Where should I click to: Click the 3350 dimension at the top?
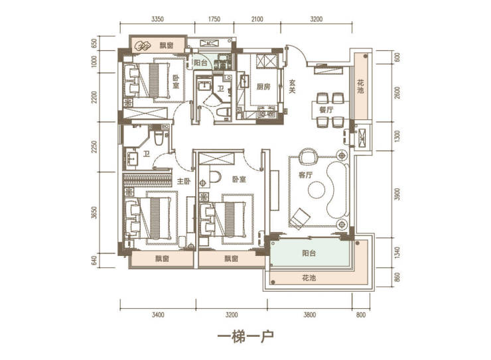tap(157, 19)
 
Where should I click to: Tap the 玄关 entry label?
tap(292, 87)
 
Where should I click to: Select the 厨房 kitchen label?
tap(263, 87)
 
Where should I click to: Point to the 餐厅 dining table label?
tap(326, 110)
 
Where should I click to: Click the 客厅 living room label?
tap(306, 174)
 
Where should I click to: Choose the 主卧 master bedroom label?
tap(184, 181)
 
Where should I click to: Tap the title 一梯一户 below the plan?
tap(245, 337)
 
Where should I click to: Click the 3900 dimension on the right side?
tap(397, 194)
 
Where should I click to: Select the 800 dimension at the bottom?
tap(361, 315)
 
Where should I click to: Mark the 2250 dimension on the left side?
tap(95, 147)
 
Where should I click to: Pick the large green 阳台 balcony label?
tap(309, 253)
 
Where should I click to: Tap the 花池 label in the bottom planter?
tap(309, 278)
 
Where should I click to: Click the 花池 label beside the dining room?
tap(361, 87)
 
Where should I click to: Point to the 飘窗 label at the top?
tap(167, 45)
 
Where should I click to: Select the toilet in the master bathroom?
tap(159, 138)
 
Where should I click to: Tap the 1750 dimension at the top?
tap(214, 19)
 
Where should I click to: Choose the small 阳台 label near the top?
tap(200, 62)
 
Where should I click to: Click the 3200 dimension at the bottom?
tap(232, 315)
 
